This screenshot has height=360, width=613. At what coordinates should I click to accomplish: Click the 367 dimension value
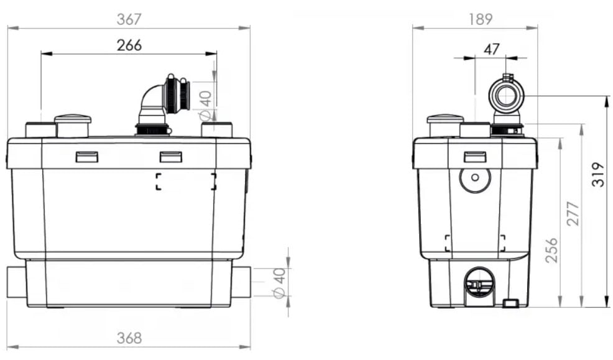(129, 19)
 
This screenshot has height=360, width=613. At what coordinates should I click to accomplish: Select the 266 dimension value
(129, 45)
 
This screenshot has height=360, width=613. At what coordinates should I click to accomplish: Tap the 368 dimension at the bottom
(129, 338)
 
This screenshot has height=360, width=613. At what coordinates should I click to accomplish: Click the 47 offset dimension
(491, 49)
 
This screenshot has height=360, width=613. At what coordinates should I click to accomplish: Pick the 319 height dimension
(597, 175)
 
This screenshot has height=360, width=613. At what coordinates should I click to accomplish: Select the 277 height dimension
(573, 213)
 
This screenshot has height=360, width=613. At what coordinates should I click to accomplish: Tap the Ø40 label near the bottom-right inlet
(280, 283)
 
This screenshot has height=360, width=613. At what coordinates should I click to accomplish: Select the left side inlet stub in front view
(17, 282)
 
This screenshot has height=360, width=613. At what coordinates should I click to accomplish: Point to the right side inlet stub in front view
(241, 282)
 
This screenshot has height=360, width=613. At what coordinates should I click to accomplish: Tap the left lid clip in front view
(86, 157)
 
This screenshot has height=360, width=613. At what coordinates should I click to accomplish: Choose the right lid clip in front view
(170, 157)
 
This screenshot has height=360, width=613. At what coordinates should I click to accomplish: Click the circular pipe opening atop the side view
(506, 96)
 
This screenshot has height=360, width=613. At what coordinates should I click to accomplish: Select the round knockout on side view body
(474, 178)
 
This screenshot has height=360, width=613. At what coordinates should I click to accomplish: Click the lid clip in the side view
(474, 156)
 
